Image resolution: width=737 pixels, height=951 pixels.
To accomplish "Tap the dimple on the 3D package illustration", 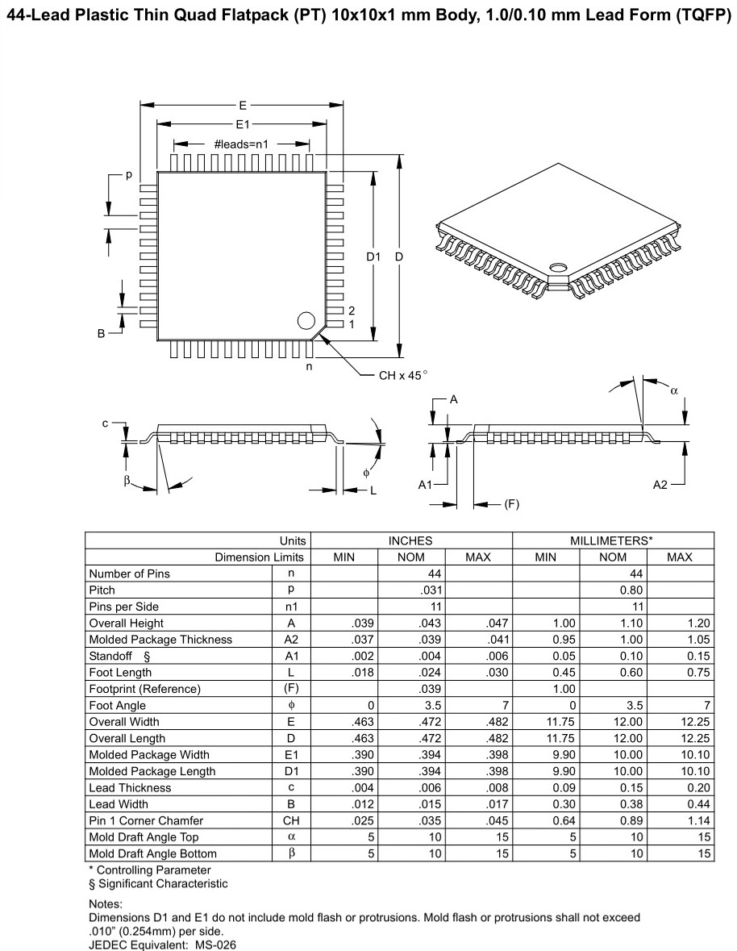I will [x=556, y=267].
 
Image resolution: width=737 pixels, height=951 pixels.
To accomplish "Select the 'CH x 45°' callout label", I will [x=402, y=375].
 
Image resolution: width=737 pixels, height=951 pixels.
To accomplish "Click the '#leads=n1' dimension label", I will [x=241, y=144].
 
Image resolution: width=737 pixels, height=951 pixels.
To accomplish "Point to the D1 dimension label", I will [x=373, y=257].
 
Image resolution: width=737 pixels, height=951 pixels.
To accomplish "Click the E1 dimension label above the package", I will [x=242, y=124].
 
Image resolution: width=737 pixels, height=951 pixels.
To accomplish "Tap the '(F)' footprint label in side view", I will [x=511, y=505].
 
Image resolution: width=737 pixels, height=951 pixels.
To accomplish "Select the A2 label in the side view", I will [x=660, y=485].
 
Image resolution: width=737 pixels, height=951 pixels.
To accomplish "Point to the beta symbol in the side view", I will [x=127, y=481].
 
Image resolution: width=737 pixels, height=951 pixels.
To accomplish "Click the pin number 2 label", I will [x=352, y=311].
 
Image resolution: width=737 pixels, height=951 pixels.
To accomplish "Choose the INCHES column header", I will [x=411, y=540].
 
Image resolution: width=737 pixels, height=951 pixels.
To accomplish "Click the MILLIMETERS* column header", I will [x=613, y=540].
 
